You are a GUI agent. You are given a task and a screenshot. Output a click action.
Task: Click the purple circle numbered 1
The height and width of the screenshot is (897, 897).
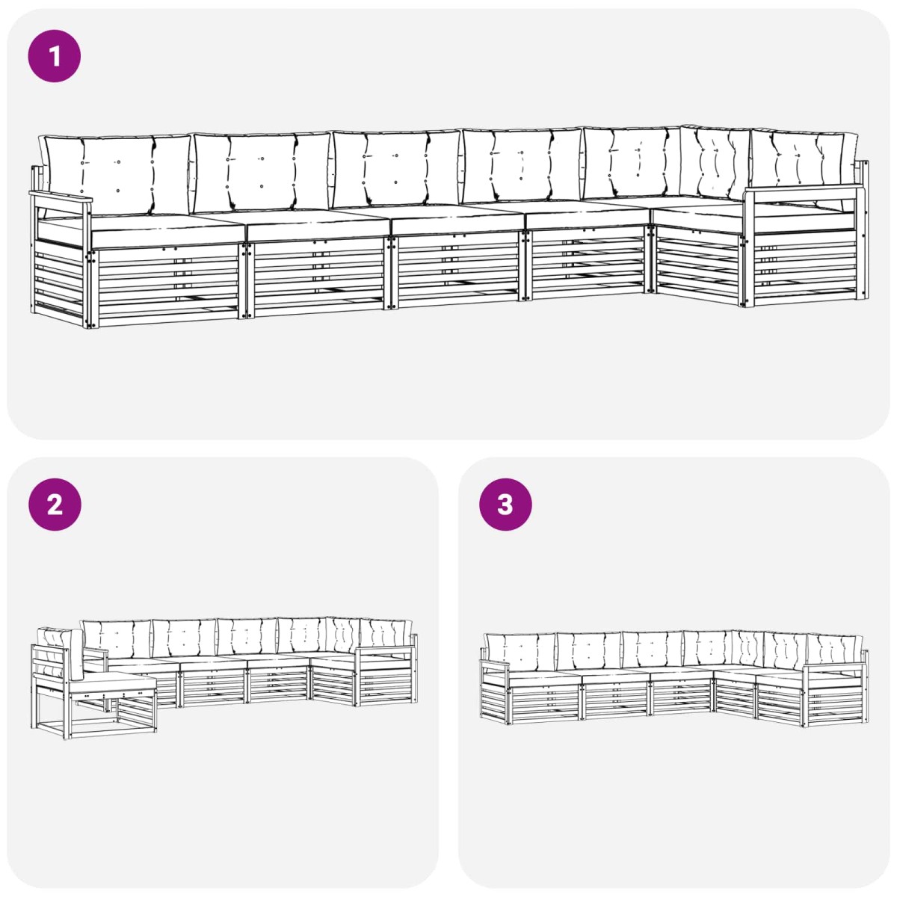[55, 56]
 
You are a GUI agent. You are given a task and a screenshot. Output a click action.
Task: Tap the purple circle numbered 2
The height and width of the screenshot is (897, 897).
[55, 505]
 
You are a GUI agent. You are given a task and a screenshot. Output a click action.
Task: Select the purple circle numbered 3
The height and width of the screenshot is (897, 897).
[505, 505]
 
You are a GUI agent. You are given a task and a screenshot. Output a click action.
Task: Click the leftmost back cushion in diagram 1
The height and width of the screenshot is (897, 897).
[115, 174]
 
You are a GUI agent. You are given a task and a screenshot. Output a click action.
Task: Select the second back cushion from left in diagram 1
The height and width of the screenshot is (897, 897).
[262, 172]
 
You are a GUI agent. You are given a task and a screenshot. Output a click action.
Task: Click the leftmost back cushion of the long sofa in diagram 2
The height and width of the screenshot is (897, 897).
[117, 638]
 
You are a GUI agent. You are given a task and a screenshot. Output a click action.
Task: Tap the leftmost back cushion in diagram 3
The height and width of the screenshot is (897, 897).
[520, 652]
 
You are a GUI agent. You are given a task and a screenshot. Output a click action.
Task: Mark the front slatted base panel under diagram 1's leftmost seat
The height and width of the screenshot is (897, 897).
[167, 284]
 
